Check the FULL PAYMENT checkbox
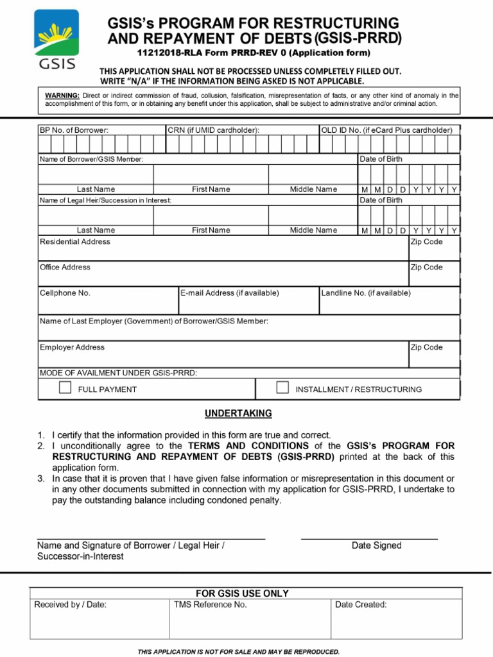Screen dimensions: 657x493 pyautogui.click(x=65, y=388)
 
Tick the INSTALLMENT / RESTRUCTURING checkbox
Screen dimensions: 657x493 pyautogui.click(x=282, y=388)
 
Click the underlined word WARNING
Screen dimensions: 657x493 pyautogui.click(x=62, y=96)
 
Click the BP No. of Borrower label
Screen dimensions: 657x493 pyautogui.click(x=74, y=130)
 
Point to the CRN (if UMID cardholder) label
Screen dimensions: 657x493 pyautogui.click(x=213, y=130)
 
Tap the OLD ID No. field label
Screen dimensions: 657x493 pyautogui.click(x=386, y=130)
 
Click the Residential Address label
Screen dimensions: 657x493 pyautogui.click(x=75, y=242)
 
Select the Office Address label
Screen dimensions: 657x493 pyautogui.click(x=65, y=268)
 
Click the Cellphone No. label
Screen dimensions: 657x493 pyautogui.click(x=65, y=293)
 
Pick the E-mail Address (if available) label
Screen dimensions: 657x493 pyautogui.click(x=230, y=293)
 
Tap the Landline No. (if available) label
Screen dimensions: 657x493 pyautogui.click(x=366, y=293)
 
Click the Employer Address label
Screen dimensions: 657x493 pyautogui.click(x=72, y=348)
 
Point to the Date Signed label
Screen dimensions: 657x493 pyautogui.click(x=376, y=546)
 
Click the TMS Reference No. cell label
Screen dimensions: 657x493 pyautogui.click(x=210, y=604)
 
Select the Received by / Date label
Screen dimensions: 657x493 pyautogui.click(x=71, y=604)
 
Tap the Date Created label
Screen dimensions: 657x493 pyautogui.click(x=361, y=604)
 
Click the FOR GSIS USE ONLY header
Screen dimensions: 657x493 pyautogui.click(x=242, y=593)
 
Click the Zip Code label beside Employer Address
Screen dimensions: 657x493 pyautogui.click(x=426, y=348)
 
